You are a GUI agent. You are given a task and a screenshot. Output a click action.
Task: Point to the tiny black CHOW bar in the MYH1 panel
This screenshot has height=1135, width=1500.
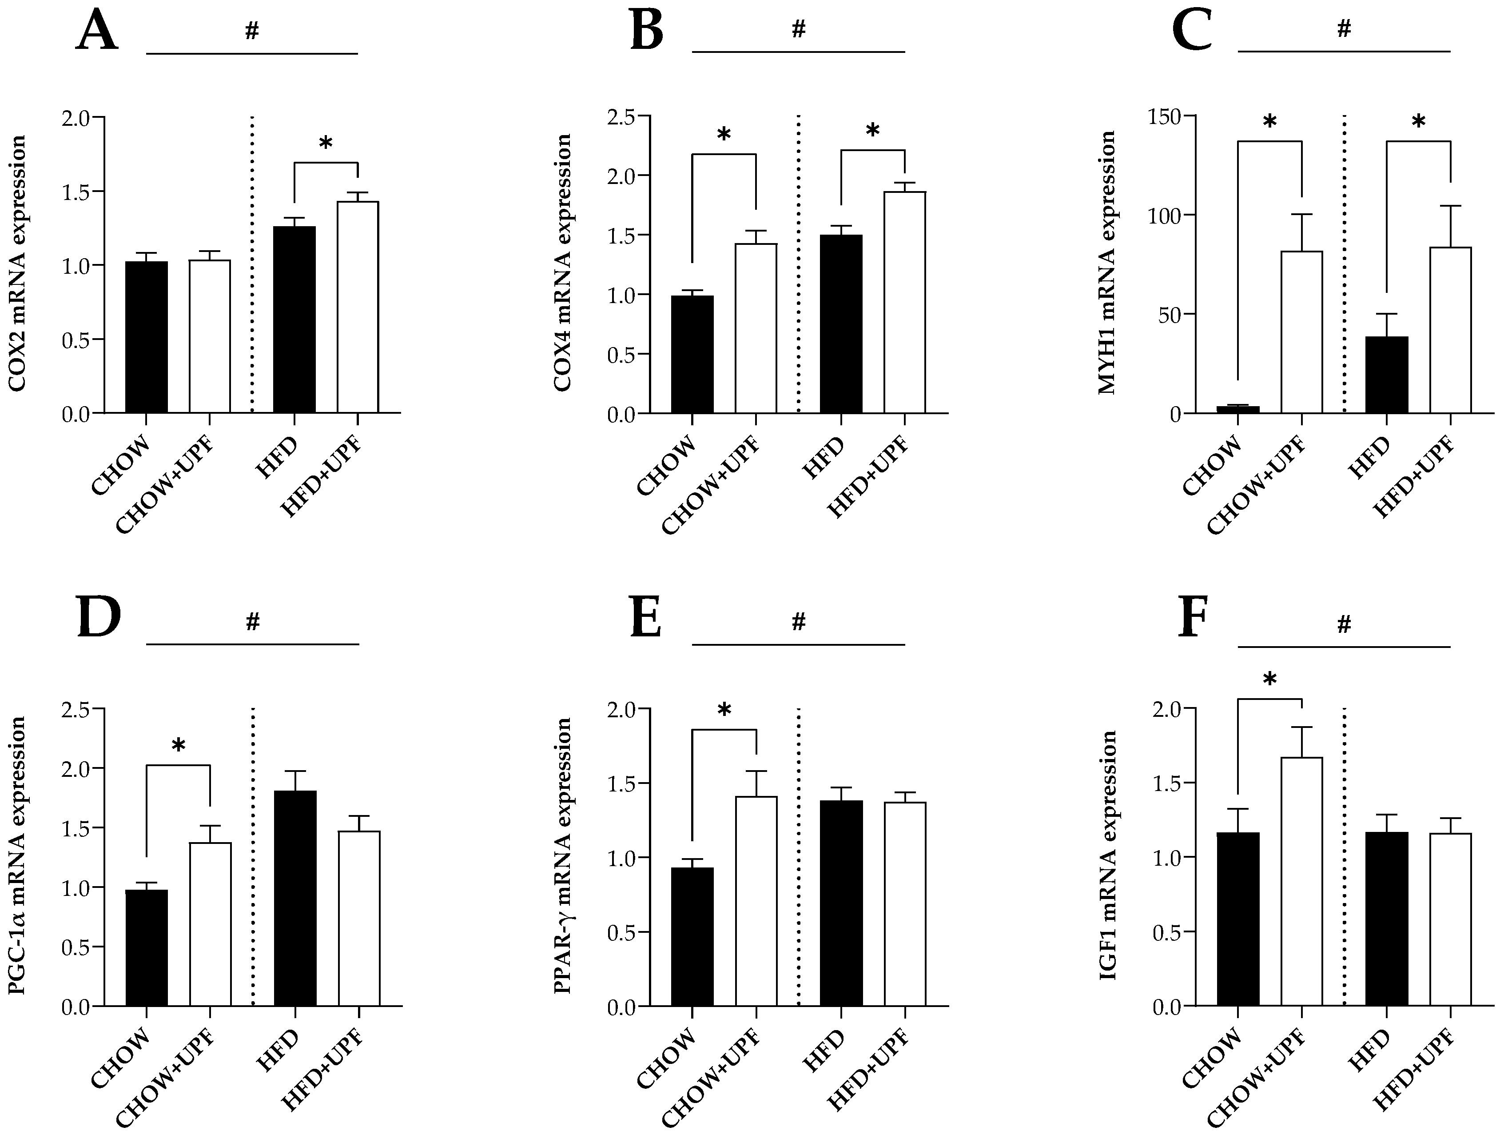click(1238, 409)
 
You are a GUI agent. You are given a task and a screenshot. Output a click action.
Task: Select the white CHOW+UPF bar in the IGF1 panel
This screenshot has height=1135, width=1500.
click(1301, 882)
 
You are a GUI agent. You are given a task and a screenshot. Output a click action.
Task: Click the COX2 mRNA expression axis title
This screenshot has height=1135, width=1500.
click(18, 264)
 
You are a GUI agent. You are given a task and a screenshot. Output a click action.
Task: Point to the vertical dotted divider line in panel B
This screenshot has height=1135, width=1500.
click(798, 264)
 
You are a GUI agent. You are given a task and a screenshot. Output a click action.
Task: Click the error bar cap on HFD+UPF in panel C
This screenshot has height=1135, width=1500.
click(1451, 206)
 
